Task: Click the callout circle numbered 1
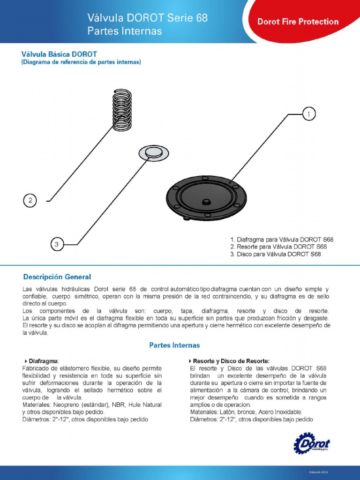(x=308, y=114)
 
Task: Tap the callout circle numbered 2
(x=30, y=201)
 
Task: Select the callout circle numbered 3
(x=56, y=244)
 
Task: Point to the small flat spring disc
(x=153, y=152)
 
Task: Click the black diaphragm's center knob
(x=206, y=202)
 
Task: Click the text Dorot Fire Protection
(x=298, y=22)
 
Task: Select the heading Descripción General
(x=57, y=277)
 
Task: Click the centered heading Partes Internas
(x=174, y=345)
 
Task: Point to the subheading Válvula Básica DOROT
(x=59, y=54)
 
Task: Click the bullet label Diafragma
(x=44, y=361)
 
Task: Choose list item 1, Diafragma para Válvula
(x=282, y=239)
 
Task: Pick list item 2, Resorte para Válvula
(x=278, y=247)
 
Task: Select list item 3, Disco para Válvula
(x=276, y=254)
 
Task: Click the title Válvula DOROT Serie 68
(x=147, y=18)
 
